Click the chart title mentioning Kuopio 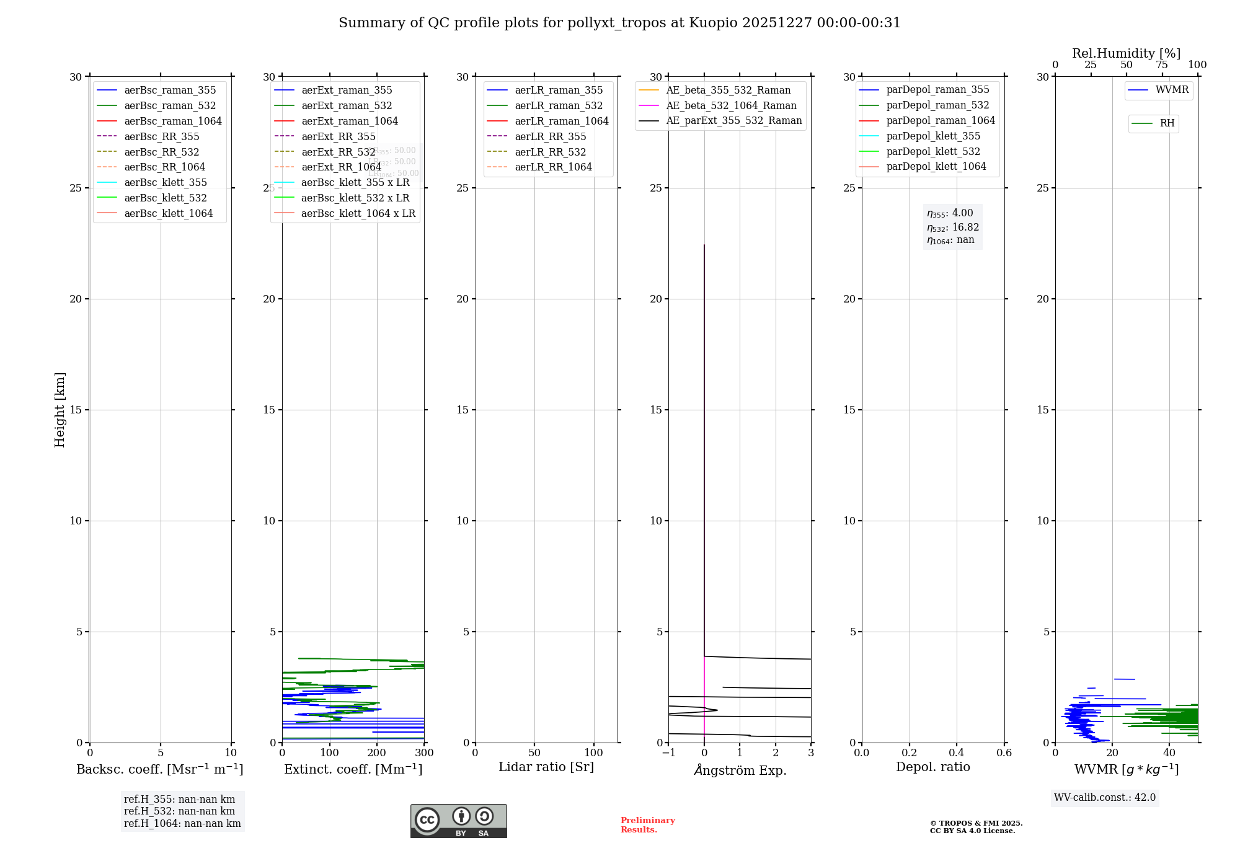click(619, 23)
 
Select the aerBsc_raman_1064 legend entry click(172, 121)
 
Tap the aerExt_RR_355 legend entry click(338, 136)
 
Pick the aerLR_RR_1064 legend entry click(553, 167)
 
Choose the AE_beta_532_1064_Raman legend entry click(731, 105)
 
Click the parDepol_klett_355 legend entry click(932, 136)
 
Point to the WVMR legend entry click(1171, 90)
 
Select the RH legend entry click(1166, 123)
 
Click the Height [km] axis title click(60, 409)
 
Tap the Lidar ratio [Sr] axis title click(546, 767)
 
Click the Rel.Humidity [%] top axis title click(1126, 53)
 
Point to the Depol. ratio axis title click(932, 767)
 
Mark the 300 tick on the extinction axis click(424, 753)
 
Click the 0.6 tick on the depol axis click(1004, 753)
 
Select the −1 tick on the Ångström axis click(668, 753)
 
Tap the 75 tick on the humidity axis click(1161, 65)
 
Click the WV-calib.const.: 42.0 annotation click(1104, 797)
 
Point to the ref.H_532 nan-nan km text click(179, 811)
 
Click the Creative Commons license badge click(458, 821)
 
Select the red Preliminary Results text click(647, 825)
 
